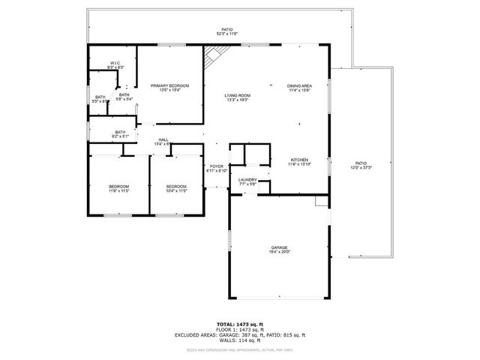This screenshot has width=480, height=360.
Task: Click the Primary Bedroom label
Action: point(169,86)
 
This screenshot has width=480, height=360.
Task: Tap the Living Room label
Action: point(238,96)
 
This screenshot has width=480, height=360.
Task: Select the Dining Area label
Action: point(299,86)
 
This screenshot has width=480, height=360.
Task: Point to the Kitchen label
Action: point(299,160)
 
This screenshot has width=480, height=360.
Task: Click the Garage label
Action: point(280,247)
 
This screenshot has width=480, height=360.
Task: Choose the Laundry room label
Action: point(247,179)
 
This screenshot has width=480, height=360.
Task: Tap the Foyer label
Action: point(217,166)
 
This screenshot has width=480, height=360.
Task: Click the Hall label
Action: point(163,139)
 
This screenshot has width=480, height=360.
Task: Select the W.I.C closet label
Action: point(115,63)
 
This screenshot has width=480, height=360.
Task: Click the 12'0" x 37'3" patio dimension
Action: point(361,168)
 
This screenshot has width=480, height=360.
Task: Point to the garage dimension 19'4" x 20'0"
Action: point(280,252)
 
